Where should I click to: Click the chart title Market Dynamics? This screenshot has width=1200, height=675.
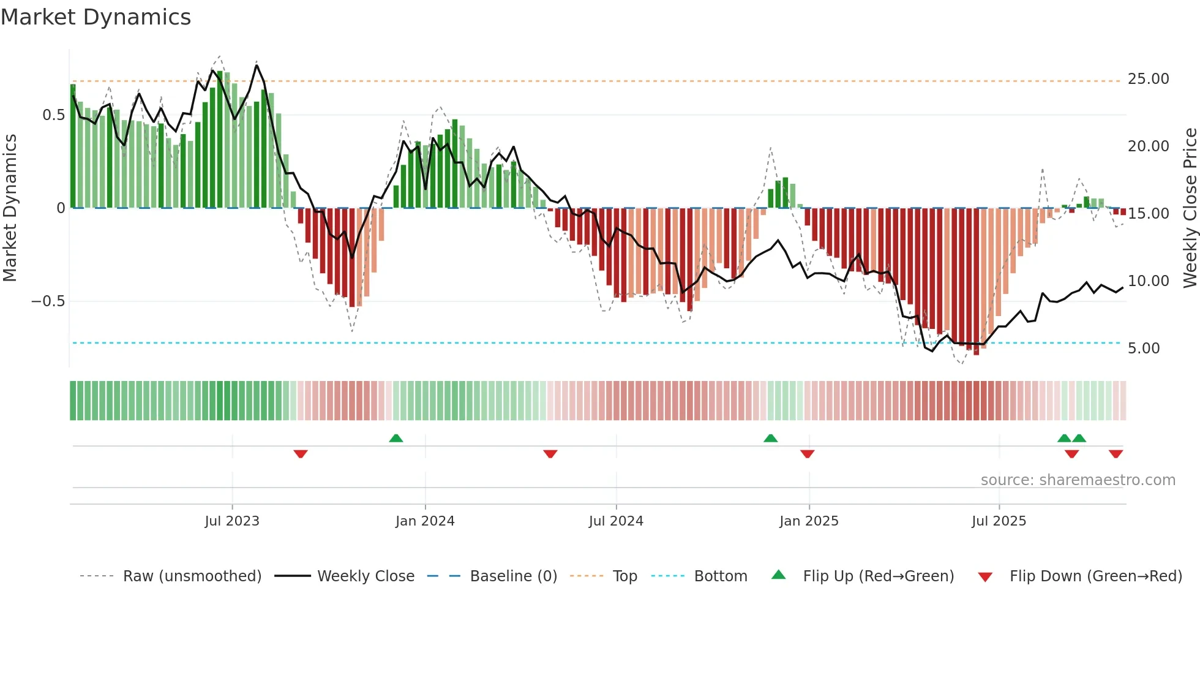[96, 17]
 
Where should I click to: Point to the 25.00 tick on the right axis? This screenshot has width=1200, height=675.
[1148, 79]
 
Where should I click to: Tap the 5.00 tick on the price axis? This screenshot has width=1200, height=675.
[1144, 349]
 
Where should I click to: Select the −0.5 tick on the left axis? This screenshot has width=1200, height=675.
[48, 301]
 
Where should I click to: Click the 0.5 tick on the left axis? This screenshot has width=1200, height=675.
[53, 115]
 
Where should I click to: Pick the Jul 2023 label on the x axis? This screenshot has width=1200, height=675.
[232, 521]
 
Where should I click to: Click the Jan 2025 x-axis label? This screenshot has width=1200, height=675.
[809, 521]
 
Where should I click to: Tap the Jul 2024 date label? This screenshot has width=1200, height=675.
[616, 521]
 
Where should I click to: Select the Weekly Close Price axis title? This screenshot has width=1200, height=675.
[1190, 208]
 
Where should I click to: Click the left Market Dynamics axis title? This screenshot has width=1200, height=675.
[10, 208]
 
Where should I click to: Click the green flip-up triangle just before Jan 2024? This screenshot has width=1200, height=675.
[396, 438]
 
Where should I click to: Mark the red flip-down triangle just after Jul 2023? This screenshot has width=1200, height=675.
[301, 454]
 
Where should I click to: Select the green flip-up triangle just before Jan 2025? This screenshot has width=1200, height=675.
[771, 438]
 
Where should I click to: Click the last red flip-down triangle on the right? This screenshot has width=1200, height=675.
[1116, 454]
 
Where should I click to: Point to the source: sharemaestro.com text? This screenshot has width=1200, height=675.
[1078, 480]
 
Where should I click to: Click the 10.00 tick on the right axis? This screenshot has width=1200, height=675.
[1148, 281]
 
